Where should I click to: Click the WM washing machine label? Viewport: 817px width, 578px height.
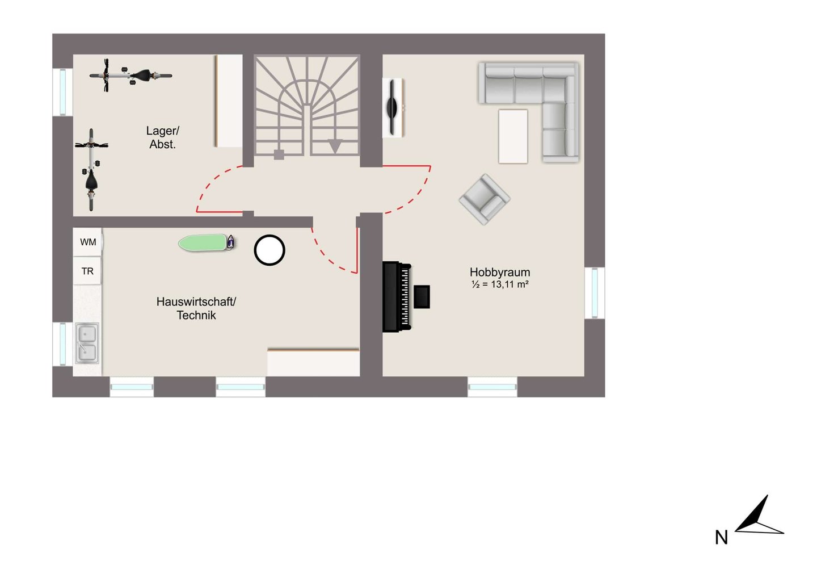[88, 242]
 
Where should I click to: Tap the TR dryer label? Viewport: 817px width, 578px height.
[87, 271]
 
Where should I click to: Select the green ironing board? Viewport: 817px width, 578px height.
[207, 242]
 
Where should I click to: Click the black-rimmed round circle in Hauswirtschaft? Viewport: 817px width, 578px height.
[269, 250]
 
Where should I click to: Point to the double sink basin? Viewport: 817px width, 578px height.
[87, 344]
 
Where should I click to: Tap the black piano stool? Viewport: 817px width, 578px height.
[422, 296]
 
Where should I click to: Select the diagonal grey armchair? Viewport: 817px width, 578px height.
[485, 199]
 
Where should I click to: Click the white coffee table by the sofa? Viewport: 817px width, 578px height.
[513, 136]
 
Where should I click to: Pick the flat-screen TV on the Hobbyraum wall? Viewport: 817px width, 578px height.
[392, 107]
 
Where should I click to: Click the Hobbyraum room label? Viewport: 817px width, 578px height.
[500, 272]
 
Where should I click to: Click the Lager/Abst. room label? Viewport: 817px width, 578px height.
[163, 137]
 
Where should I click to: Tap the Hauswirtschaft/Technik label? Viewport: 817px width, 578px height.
[196, 308]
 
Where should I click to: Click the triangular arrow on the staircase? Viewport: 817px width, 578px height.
[335, 146]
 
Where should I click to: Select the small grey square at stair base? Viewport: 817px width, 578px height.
[279, 154]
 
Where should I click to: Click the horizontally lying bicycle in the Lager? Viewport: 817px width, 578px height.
[130, 76]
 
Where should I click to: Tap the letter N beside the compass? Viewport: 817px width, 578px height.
[722, 538]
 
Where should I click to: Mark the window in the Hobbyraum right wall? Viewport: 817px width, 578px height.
[595, 293]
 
